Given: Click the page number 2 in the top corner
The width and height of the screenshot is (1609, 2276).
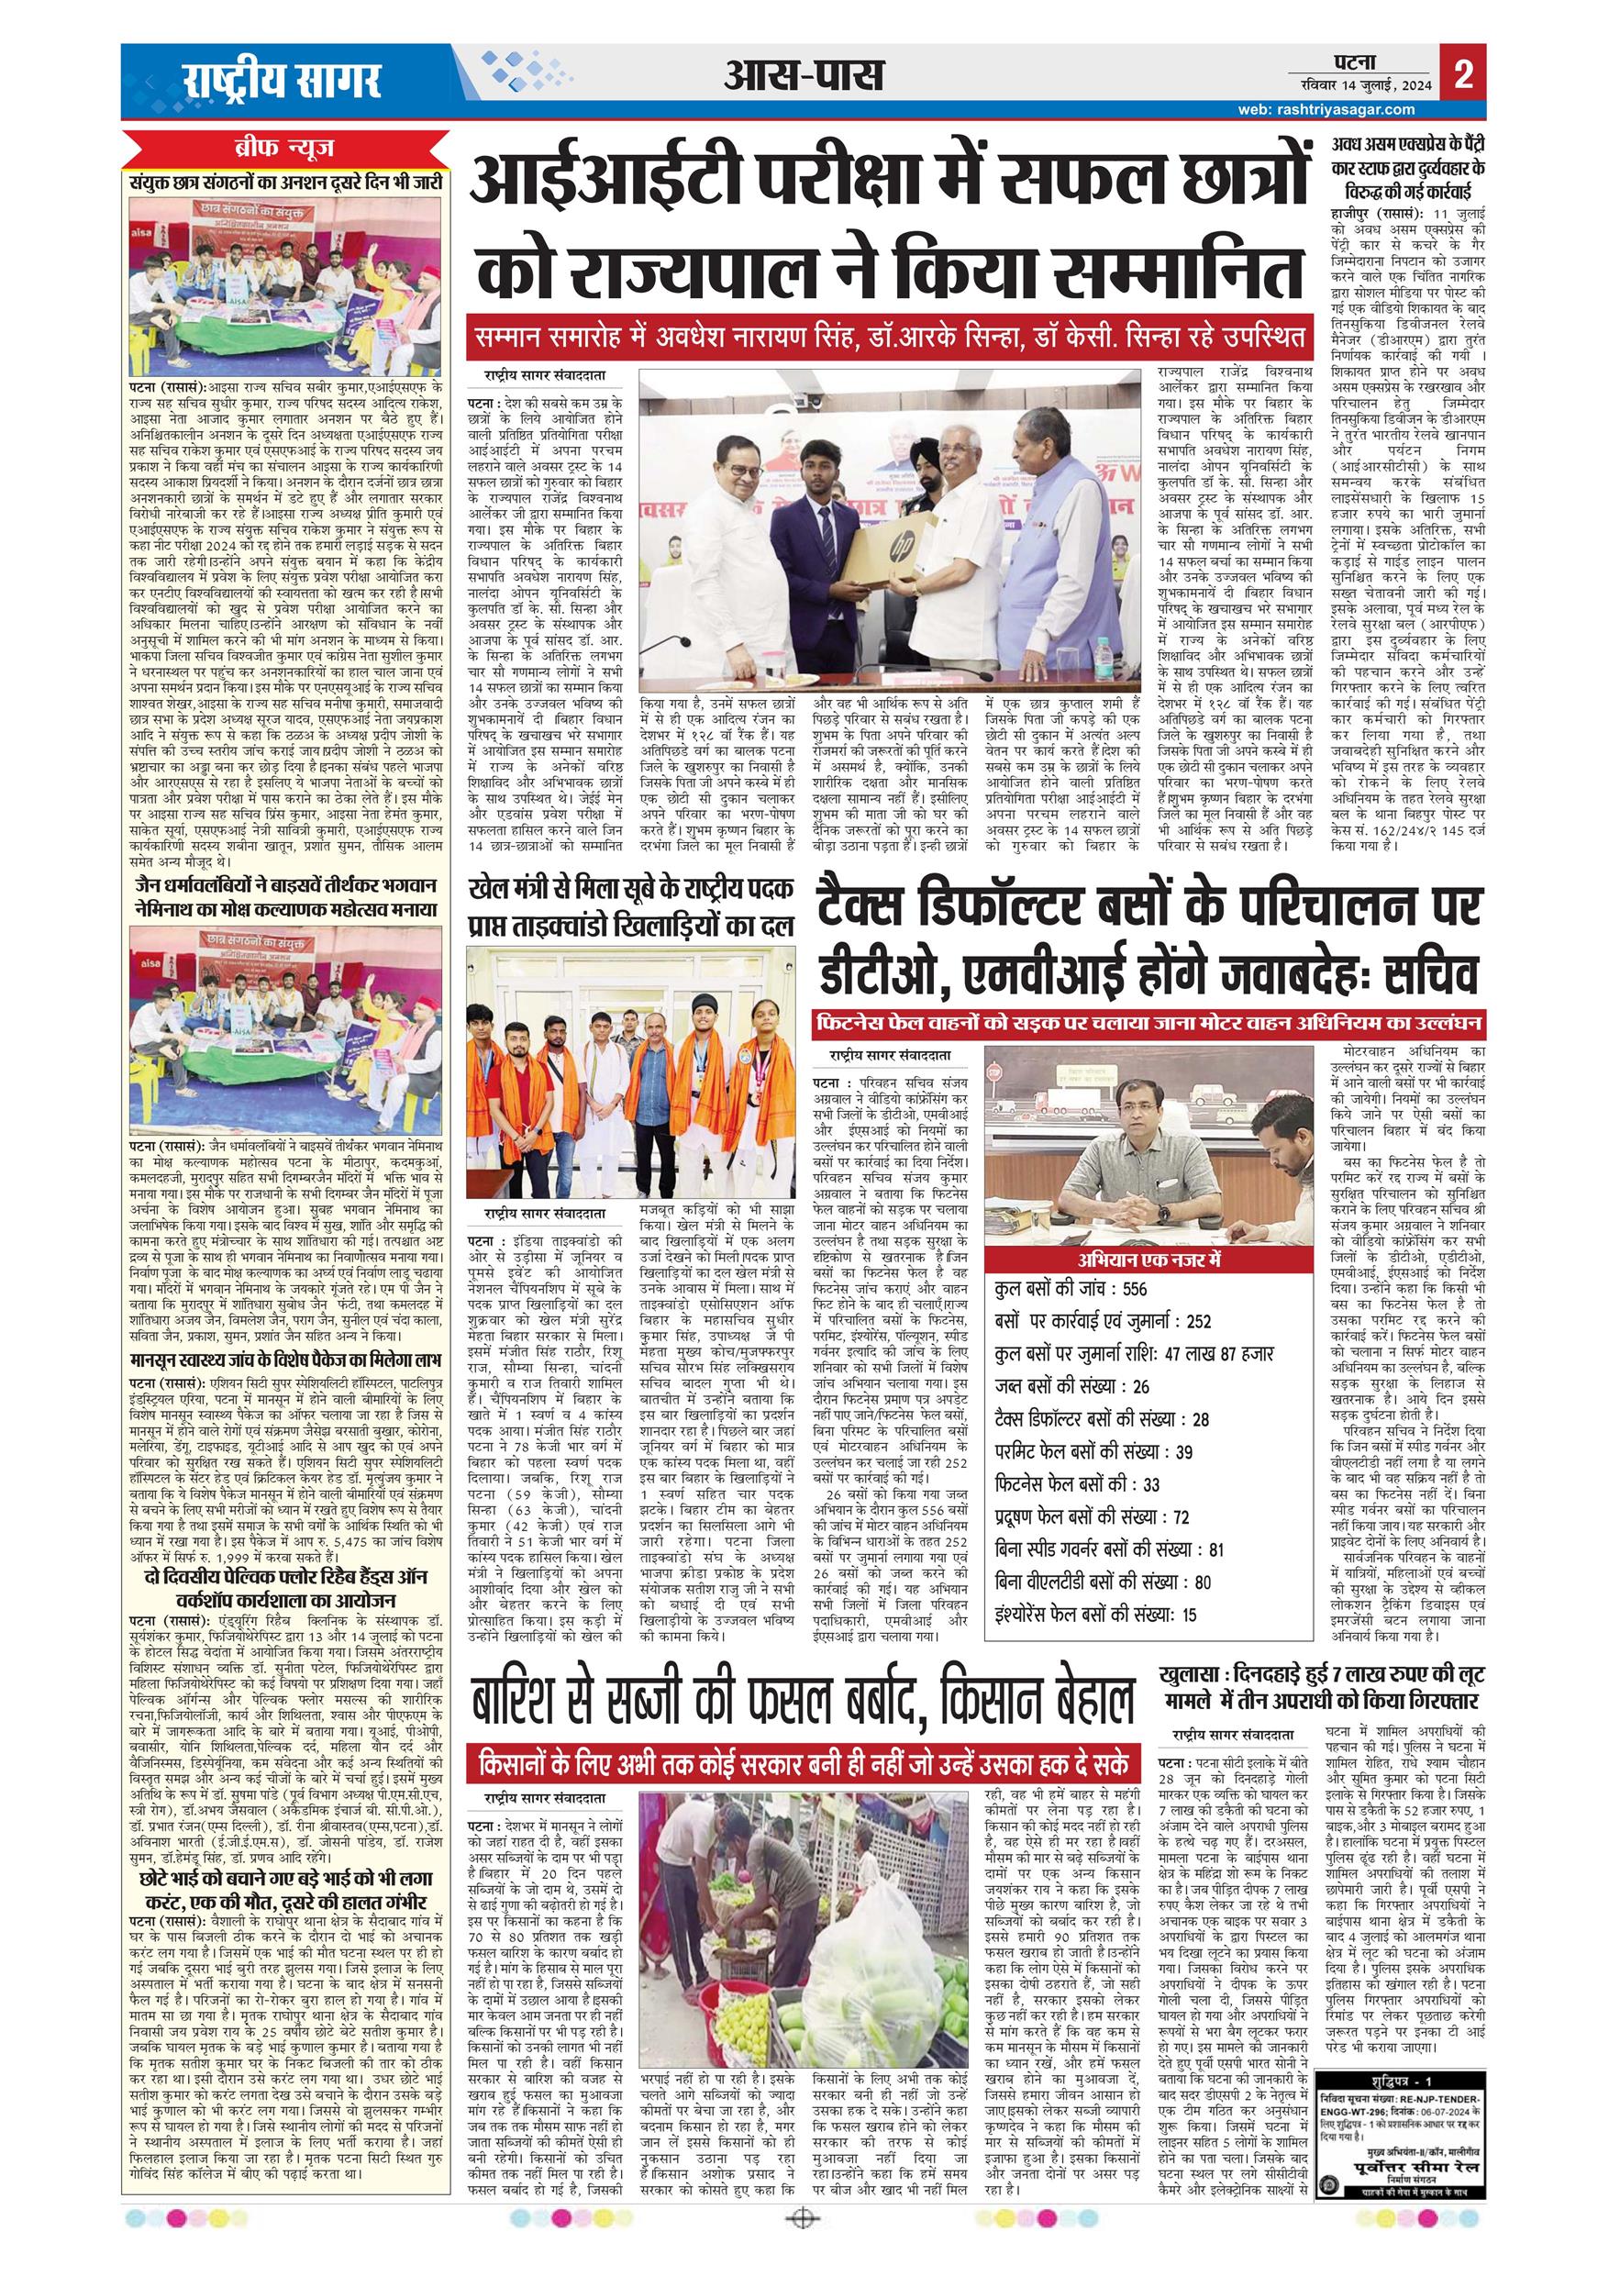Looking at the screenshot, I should pos(1462,76).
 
